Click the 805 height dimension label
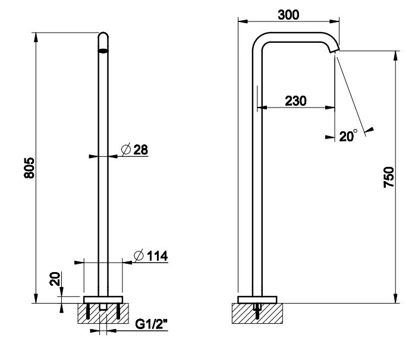[x=29, y=168]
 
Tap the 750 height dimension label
[x=389, y=177]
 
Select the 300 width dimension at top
[x=288, y=15]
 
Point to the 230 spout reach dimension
[x=295, y=101]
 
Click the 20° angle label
[x=348, y=136]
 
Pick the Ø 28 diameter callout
[x=134, y=150]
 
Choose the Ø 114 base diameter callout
[x=150, y=256]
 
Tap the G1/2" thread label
[x=152, y=324]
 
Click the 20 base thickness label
[x=55, y=279]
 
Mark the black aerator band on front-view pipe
[x=103, y=50]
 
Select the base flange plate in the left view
[x=103, y=299]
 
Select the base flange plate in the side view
[x=257, y=299]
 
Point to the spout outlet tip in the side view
[x=335, y=50]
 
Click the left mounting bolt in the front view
[x=88, y=311]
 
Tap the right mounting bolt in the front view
[x=118, y=311]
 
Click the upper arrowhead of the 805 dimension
[x=36, y=37]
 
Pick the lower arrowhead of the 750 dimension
[x=395, y=298]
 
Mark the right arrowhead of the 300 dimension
[x=334, y=21]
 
